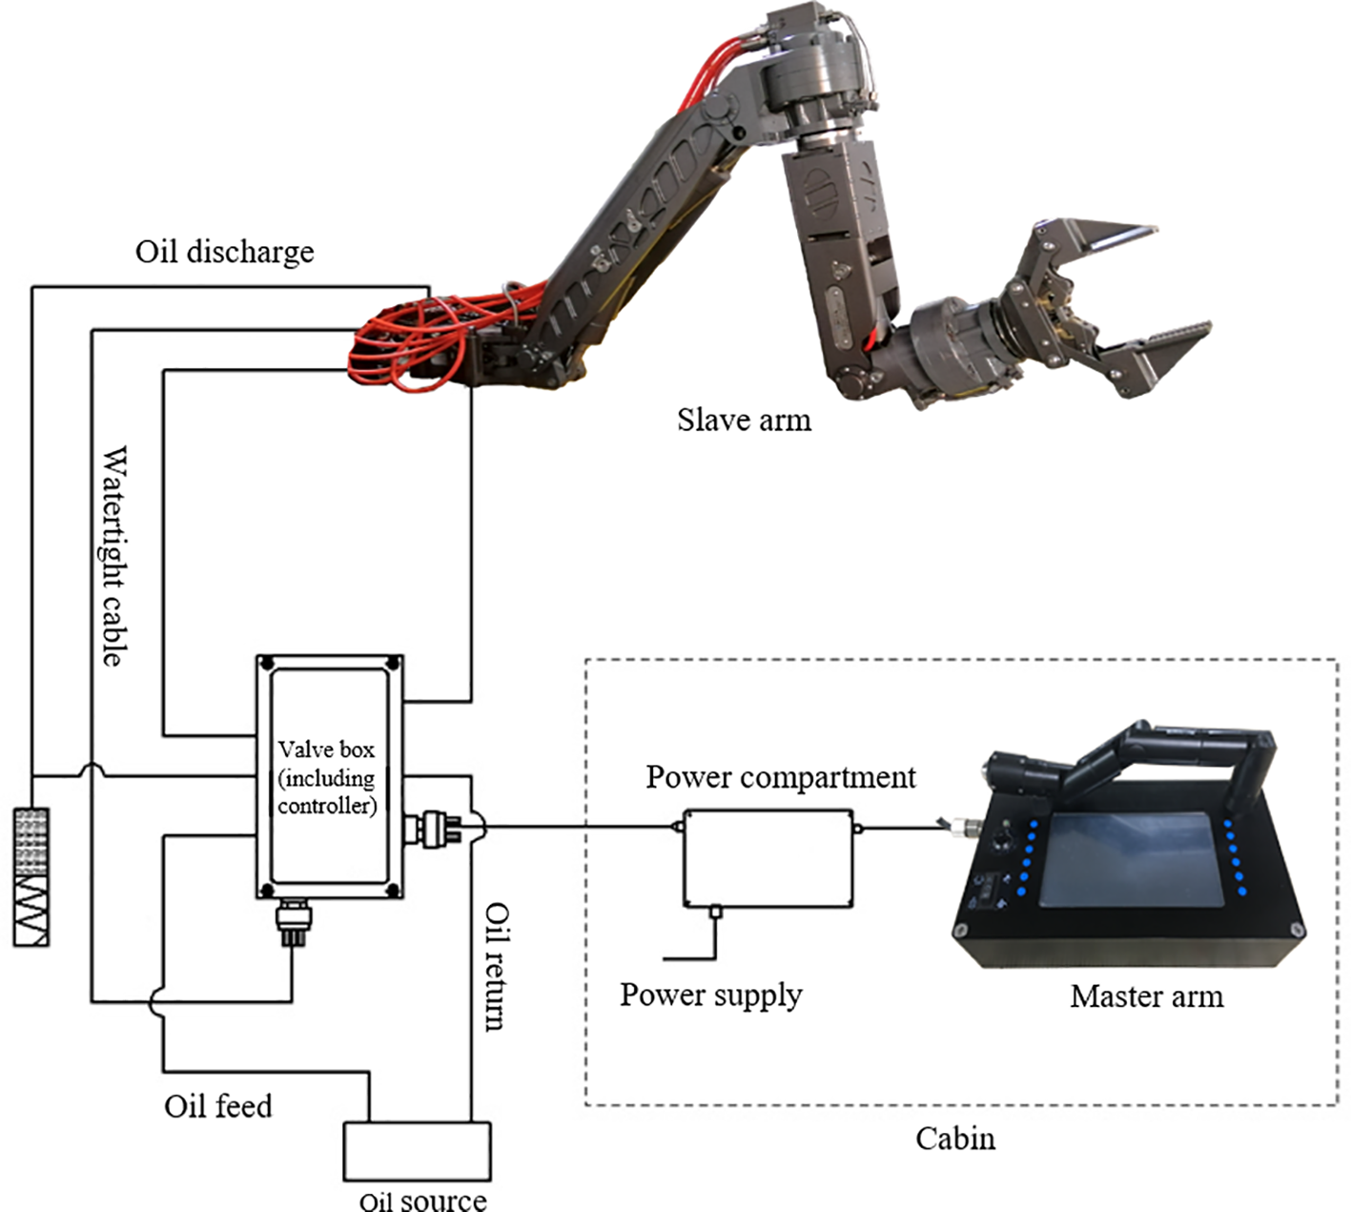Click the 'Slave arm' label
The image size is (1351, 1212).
pos(744,420)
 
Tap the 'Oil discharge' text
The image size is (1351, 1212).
pos(224,252)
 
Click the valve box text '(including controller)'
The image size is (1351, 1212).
pos(327,791)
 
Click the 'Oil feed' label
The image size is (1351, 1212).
pos(217,1106)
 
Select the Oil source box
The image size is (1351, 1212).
pos(417,1151)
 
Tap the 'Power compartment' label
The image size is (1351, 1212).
pos(780,777)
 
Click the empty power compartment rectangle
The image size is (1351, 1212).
pos(768,858)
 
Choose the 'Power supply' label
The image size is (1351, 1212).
pos(710,995)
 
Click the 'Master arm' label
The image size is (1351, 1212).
pos(1146,996)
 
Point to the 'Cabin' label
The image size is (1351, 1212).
pos(955,1139)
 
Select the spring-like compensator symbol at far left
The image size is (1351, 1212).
pos(31,877)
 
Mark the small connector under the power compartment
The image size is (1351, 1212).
pos(716,913)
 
